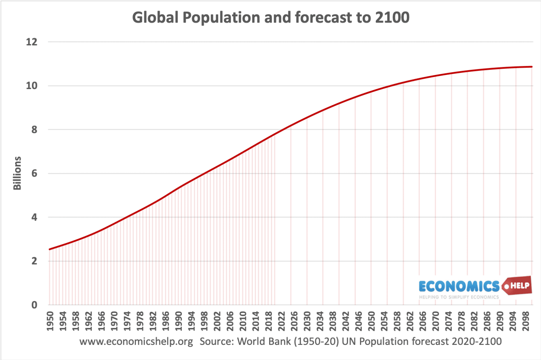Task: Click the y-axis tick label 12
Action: (32, 42)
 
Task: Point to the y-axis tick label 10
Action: (32, 86)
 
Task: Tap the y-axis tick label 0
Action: (34, 305)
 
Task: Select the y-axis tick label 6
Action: (34, 173)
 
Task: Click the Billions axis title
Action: (17, 173)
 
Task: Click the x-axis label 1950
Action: (50, 321)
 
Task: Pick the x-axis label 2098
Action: (526, 321)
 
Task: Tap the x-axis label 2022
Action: (281, 321)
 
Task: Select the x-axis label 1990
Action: (179, 321)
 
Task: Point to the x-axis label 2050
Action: (371, 321)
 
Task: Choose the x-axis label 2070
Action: (436, 321)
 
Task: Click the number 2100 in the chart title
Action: (392, 17)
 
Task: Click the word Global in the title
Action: (155, 17)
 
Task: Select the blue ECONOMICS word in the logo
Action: (459, 286)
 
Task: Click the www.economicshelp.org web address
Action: (136, 341)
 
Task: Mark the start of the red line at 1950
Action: (49, 249)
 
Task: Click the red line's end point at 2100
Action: (531, 67)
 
